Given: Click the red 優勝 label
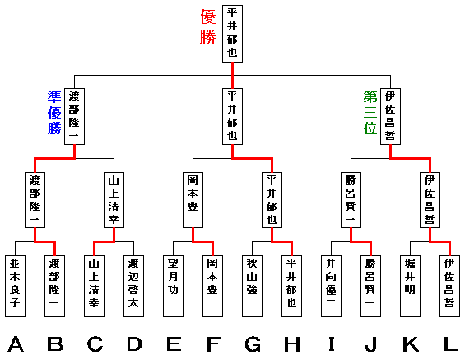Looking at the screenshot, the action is pos(207,26).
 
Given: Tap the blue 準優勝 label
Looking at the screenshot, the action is pos(54,113).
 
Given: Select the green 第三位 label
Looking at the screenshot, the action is pos(370,113).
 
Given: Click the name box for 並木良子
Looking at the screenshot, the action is pos(15,286).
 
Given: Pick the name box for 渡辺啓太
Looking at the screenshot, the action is pos(134,286).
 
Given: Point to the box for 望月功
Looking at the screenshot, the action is pos(173,286).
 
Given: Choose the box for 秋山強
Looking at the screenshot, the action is pos(253,286).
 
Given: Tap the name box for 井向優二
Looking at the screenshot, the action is pos(331,286).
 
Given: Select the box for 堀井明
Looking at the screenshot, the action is pos(411,286).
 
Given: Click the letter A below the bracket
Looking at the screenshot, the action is pos(16,344).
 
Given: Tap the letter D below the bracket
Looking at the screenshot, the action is pos(134,344).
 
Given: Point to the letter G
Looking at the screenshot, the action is pos(253,344).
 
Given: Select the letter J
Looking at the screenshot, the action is pos(370,344).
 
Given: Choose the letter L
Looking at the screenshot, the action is pos(450,344).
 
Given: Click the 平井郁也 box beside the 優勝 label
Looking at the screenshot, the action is pos(232,34).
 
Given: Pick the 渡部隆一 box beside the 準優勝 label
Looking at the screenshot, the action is pos(74,116).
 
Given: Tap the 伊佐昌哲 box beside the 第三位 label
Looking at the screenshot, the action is pos(391,116).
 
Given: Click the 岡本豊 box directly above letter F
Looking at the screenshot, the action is pos(212,286).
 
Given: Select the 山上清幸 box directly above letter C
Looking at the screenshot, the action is pos(95,286).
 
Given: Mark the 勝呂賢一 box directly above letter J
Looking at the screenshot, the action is pos(370,286).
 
